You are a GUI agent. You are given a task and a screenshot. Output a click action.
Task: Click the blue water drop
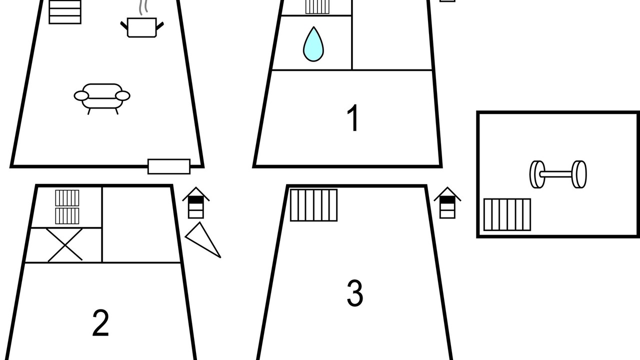313,44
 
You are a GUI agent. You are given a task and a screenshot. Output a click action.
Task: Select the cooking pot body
141,27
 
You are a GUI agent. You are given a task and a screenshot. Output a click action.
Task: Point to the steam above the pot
143,7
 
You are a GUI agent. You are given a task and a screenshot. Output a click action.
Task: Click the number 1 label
353,117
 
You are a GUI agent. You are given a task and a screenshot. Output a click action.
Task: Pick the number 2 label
100,323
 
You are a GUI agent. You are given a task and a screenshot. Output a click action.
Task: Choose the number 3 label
355,293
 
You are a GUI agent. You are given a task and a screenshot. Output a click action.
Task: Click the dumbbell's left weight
537,174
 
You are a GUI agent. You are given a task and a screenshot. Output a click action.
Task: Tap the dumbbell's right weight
579,174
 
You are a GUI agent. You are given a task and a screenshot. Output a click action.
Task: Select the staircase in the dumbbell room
507,214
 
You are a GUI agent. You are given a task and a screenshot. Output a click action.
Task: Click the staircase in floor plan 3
313,205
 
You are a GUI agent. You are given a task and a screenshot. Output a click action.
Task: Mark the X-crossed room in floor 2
65,245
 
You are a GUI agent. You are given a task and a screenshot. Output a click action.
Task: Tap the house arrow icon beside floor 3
447,203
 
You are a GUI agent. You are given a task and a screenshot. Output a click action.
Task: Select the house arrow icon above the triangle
196,203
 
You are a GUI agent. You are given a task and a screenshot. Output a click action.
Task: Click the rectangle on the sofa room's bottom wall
169,166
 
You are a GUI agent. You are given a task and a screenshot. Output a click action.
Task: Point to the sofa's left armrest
81,96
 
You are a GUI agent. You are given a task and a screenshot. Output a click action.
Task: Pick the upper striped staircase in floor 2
67,198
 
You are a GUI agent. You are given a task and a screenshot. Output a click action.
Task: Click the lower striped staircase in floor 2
67,216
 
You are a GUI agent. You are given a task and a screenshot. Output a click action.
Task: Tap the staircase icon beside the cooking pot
65,12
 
